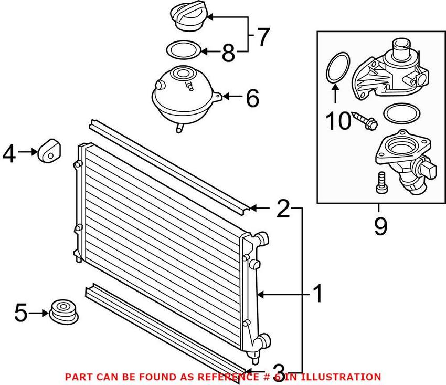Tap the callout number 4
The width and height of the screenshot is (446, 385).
[9, 153]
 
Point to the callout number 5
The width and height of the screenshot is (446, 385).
[20, 314]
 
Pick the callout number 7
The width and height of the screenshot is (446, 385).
[262, 37]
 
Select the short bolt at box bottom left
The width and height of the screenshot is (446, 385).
[380, 182]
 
